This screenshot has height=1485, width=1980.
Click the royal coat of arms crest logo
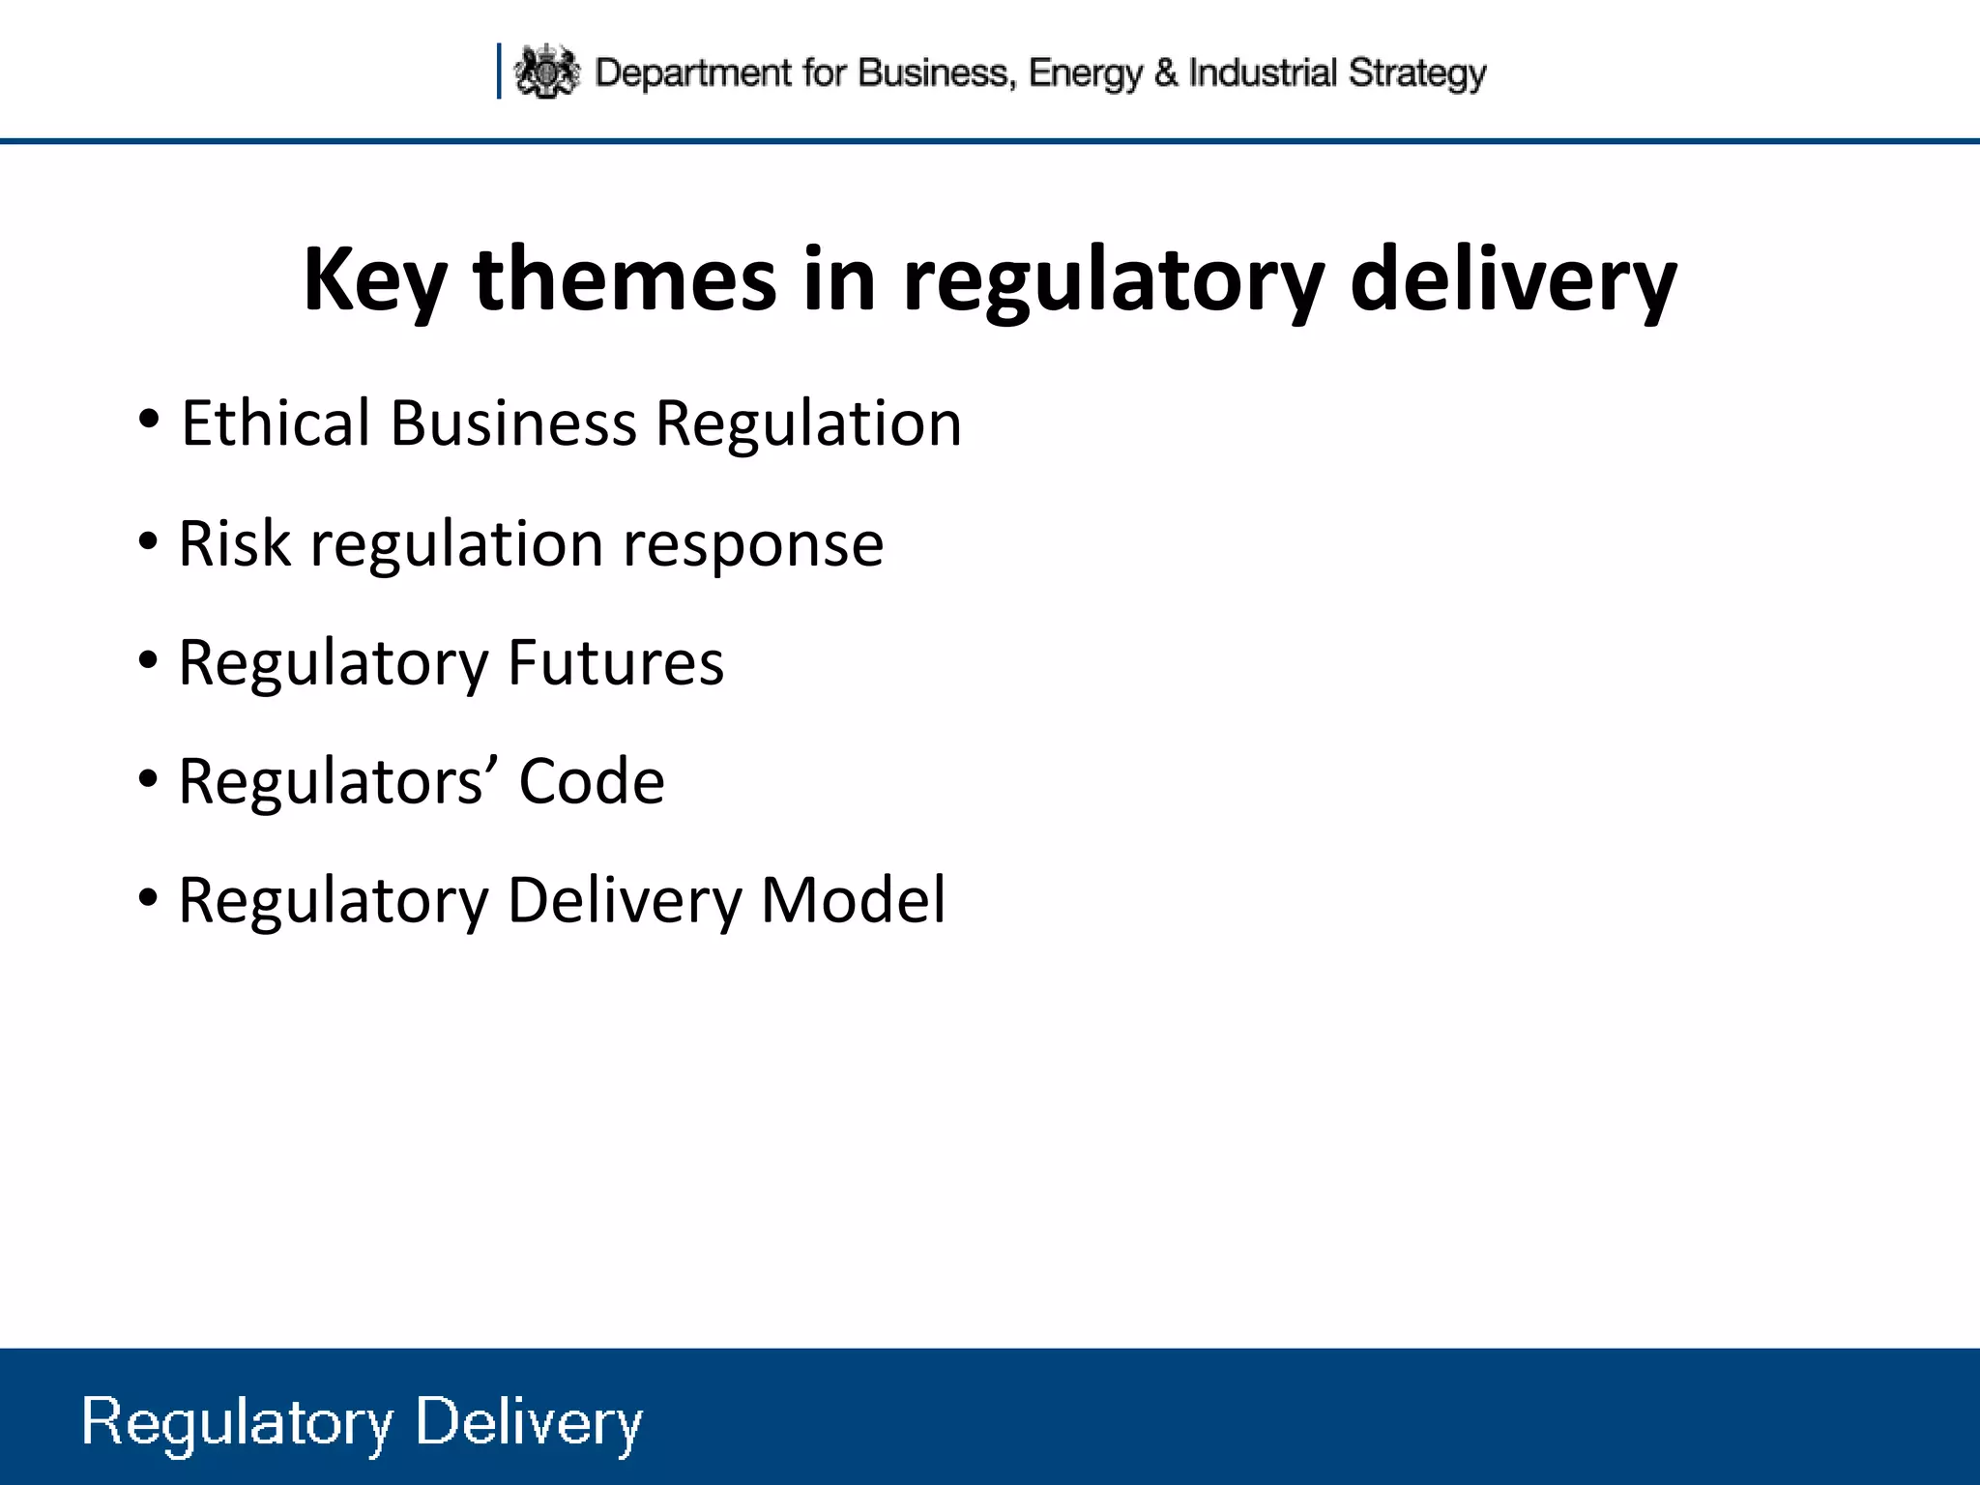[546, 72]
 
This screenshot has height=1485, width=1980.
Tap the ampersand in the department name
[1166, 73]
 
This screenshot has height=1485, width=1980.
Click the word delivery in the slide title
[1512, 280]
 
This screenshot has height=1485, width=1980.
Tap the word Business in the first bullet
[513, 423]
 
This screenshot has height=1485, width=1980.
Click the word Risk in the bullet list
[234, 543]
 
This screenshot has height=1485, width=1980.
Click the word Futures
[615, 663]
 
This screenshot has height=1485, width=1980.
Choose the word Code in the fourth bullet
[592, 781]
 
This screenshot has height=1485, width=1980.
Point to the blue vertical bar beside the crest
[499, 71]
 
